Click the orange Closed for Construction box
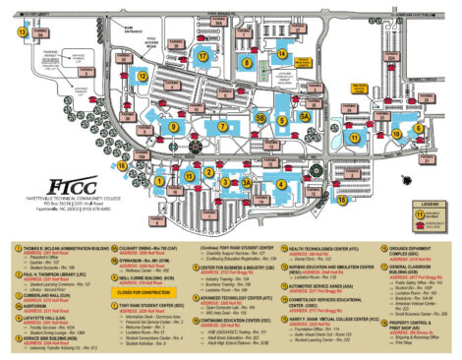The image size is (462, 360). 144,292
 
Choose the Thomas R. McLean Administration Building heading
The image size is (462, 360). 64,251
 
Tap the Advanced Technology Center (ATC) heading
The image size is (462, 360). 237,297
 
